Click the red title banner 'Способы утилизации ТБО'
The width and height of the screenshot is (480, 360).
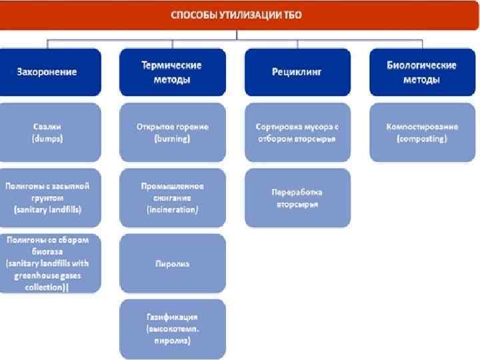click(x=240, y=15)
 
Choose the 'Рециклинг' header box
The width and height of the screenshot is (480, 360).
click(x=297, y=71)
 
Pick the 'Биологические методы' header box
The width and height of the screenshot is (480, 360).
click(x=421, y=72)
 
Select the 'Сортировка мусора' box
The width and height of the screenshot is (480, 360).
click(x=297, y=132)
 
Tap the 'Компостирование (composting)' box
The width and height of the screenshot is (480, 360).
click(x=421, y=132)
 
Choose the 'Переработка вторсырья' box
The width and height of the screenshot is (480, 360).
click(x=297, y=197)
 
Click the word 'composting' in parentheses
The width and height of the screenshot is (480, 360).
click(x=421, y=139)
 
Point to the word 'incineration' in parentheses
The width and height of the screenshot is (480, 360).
click(x=172, y=209)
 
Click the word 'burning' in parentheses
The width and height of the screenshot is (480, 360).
click(x=172, y=139)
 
